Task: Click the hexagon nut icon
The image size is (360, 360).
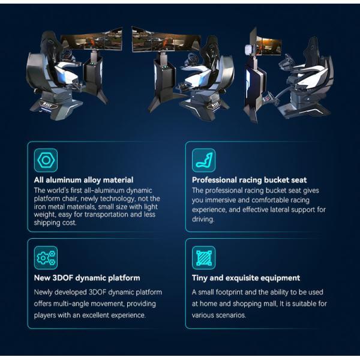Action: pyautogui.click(x=46, y=161)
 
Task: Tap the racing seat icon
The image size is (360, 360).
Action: pyautogui.click(x=203, y=161)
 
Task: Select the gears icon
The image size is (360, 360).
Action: pyautogui.click(x=46, y=258)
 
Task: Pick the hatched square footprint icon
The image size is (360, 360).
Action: pyautogui.click(x=203, y=258)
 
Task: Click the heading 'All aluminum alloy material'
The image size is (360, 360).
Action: pyautogui.click(x=83, y=179)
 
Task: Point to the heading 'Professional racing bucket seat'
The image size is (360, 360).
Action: pyautogui.click(x=249, y=179)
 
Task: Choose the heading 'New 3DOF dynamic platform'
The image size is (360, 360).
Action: pyautogui.click(x=87, y=278)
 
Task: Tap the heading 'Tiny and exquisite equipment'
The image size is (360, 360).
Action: pyautogui.click(x=246, y=278)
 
